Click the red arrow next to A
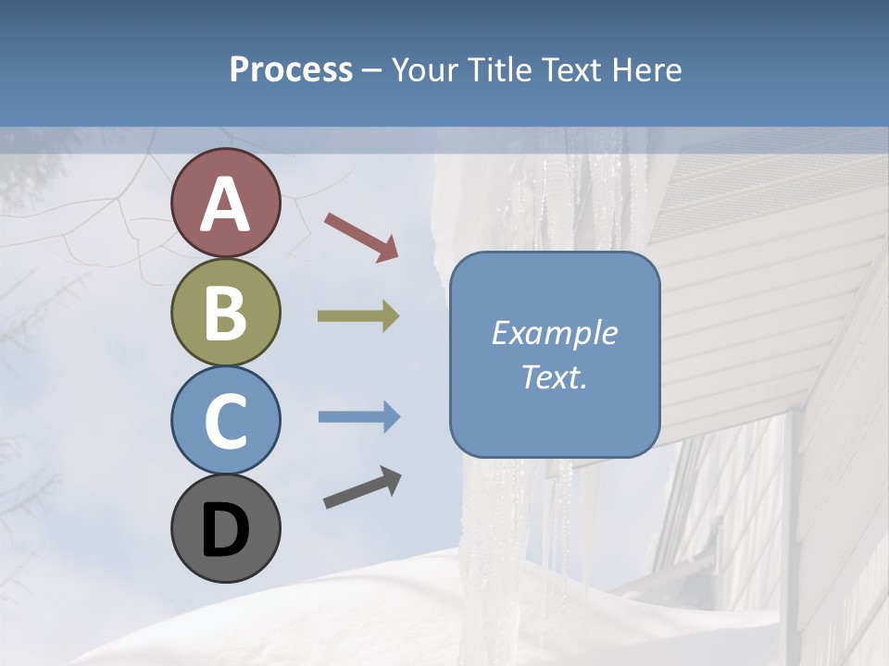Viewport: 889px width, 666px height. (x=361, y=236)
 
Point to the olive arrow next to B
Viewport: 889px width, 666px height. (x=358, y=316)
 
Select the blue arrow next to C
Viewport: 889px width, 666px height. (x=359, y=417)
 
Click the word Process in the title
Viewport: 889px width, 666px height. (x=291, y=70)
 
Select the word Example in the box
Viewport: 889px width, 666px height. (x=554, y=333)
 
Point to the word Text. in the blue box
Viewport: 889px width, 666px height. (x=554, y=376)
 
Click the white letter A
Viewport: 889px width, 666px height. (x=225, y=205)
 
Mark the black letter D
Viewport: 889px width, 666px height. (x=225, y=530)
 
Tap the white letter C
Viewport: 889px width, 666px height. (x=225, y=422)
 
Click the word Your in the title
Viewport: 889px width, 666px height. (x=425, y=70)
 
